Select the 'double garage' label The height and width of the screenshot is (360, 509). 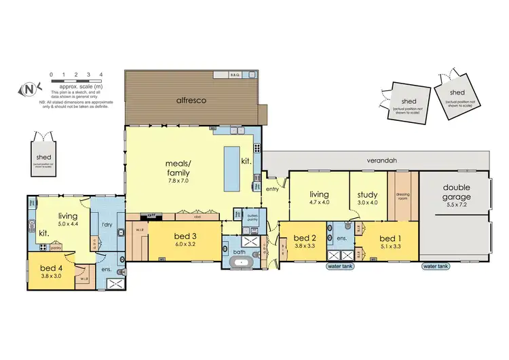point(457,192)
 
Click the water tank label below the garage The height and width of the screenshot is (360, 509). point(435,267)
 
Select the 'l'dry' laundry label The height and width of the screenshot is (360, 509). point(107,224)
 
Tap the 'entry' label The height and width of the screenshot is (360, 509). point(273,190)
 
